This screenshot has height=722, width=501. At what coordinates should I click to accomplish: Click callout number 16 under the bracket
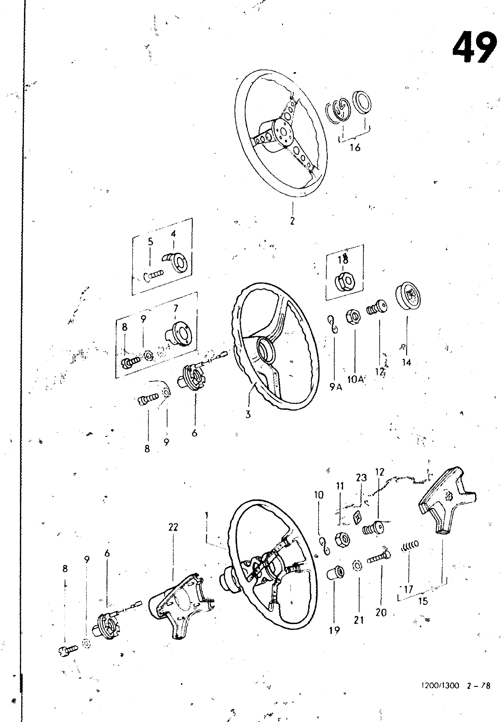pyautogui.click(x=355, y=148)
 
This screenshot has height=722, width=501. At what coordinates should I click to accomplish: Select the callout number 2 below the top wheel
pyautogui.click(x=292, y=221)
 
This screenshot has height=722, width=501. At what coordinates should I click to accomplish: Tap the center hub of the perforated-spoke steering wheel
pyautogui.click(x=283, y=133)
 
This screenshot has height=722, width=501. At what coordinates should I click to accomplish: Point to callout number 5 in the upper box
pyautogui.click(x=151, y=241)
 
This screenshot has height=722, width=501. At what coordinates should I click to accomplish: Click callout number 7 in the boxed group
pyautogui.click(x=176, y=309)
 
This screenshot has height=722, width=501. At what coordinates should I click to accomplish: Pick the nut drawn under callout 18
pyautogui.click(x=343, y=283)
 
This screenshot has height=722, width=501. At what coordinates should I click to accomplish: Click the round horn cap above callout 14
pyautogui.click(x=408, y=296)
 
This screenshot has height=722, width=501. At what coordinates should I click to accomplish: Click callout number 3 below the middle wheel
pyautogui.click(x=248, y=414)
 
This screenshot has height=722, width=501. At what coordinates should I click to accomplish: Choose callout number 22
pyautogui.click(x=173, y=527)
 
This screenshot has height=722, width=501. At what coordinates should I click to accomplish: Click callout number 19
pyautogui.click(x=334, y=630)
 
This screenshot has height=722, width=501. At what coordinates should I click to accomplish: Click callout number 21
pyautogui.click(x=358, y=620)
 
